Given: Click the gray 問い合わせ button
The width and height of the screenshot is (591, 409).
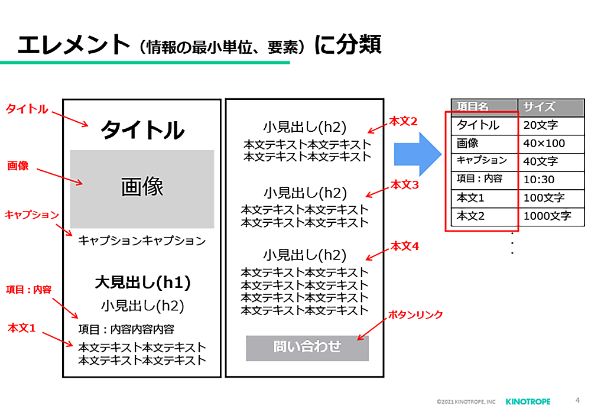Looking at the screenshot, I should point(307,348).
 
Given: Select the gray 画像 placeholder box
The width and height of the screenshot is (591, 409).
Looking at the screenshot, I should point(142,189).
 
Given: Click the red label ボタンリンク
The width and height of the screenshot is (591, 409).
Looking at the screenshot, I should point(415,315).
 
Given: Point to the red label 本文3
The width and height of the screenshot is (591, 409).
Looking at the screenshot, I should point(404,184).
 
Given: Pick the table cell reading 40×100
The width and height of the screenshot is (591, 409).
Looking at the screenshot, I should point(544,143).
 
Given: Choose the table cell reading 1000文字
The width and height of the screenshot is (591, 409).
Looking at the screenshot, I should point(547,216).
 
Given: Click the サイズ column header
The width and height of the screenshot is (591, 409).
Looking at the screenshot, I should point(540,107).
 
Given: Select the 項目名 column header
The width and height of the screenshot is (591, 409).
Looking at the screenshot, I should point(473,107).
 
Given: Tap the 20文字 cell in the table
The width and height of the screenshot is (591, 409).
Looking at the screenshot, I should point(540,125).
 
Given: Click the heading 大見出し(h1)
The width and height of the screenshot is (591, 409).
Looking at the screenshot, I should point(142,283).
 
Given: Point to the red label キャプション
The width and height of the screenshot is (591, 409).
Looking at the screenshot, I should point(32,214).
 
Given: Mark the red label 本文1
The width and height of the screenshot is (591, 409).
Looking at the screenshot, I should point(22,327).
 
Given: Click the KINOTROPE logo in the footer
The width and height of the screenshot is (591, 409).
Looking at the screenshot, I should point(528,401).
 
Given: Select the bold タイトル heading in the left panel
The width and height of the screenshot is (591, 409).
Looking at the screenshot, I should point(142,130).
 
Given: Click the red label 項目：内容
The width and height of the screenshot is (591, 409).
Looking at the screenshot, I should point(29,289).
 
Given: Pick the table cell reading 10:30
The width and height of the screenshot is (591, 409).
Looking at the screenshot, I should point(538,179).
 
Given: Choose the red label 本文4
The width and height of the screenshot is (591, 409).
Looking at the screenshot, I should point(404,246).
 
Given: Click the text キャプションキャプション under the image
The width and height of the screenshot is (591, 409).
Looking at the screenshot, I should point(142,241).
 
